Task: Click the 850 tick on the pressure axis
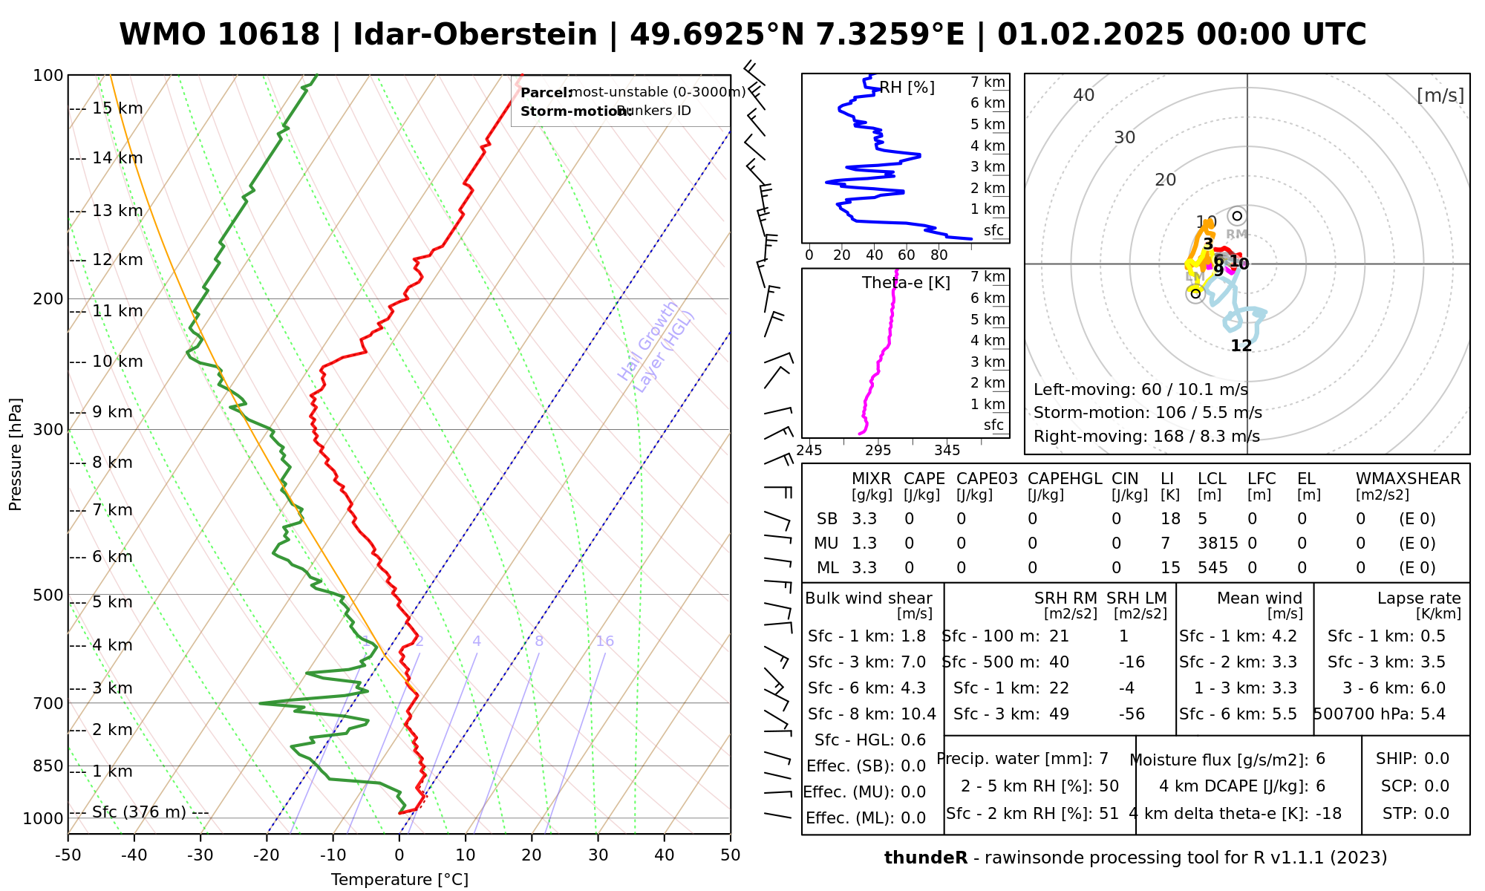(x=48, y=766)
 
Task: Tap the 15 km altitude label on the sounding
(x=117, y=108)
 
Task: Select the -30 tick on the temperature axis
(x=200, y=855)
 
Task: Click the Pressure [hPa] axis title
(x=16, y=454)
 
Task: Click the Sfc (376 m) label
(x=139, y=812)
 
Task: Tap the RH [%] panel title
(x=907, y=88)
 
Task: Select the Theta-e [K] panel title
(x=906, y=283)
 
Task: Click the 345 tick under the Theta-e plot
(x=947, y=451)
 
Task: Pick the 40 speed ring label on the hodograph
(x=1084, y=95)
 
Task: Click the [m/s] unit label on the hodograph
(x=1440, y=96)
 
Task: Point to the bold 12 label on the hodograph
(x=1241, y=346)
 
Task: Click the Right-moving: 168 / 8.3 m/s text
(x=1146, y=437)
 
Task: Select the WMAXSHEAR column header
(x=1408, y=479)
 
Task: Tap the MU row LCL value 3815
(x=1218, y=544)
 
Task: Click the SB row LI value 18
(x=1170, y=519)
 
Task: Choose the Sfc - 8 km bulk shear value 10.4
(x=918, y=714)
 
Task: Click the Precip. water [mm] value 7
(x=1103, y=759)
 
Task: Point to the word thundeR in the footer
(x=925, y=858)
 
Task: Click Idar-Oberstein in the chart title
(x=475, y=35)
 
